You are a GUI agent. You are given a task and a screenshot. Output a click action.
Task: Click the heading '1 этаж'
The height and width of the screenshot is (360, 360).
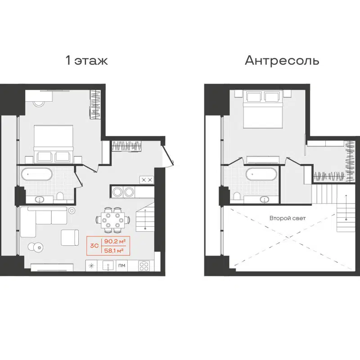[x=87, y=61]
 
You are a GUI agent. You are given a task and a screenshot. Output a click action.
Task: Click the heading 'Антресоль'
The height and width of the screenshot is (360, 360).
[x=282, y=61]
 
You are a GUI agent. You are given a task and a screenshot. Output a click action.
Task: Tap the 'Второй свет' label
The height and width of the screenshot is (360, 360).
[x=288, y=218]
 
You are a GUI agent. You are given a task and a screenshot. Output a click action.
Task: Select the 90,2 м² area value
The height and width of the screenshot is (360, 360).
[x=114, y=241]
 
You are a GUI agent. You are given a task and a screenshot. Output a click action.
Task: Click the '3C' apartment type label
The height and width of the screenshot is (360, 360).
[x=94, y=246]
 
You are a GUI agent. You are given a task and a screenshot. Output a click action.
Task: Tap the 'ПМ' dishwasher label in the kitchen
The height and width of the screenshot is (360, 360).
[x=121, y=266]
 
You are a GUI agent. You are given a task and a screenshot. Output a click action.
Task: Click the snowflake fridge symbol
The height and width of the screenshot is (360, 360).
[x=92, y=265]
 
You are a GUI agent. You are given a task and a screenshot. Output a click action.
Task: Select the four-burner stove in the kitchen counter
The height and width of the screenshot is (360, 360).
[x=144, y=265]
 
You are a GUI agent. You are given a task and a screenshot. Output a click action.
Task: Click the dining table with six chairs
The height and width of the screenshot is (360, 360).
[x=111, y=219]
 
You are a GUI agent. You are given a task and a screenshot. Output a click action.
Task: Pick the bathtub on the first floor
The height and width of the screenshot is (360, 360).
[x=37, y=174]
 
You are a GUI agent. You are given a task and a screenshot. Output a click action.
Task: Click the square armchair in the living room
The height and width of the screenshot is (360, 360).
[x=70, y=237]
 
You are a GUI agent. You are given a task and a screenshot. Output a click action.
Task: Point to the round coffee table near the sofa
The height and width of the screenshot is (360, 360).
[x=35, y=247]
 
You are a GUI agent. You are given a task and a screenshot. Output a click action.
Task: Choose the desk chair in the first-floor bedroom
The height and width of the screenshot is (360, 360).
[x=39, y=103]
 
